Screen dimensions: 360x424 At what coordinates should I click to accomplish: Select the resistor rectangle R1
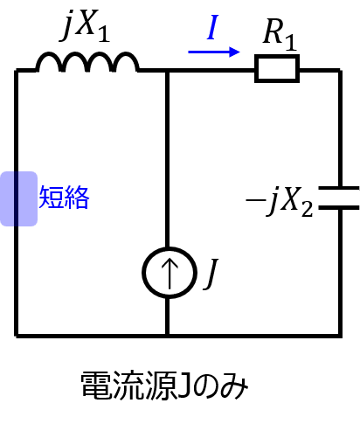click(x=277, y=69)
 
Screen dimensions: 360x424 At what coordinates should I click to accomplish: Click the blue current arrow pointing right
click(x=214, y=52)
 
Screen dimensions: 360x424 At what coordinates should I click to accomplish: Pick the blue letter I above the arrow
click(x=212, y=27)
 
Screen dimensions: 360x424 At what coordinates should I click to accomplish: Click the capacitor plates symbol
click(x=340, y=198)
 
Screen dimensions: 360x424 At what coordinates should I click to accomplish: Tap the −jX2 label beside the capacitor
click(x=280, y=202)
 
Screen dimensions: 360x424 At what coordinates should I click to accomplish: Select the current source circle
click(x=170, y=273)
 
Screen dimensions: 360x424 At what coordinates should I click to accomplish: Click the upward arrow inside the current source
click(x=170, y=274)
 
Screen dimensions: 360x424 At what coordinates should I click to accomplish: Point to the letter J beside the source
click(x=211, y=274)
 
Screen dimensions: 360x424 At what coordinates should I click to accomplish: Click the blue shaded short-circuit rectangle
click(x=18, y=198)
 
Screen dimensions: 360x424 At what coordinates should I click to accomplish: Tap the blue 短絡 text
click(x=64, y=198)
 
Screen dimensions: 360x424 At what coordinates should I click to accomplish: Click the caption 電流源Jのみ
click(x=164, y=386)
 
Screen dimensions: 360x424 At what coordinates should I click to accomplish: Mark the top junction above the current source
click(x=168, y=70)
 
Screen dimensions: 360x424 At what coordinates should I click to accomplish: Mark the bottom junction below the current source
click(x=168, y=336)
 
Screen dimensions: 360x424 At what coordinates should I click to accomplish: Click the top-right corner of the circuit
click(x=340, y=70)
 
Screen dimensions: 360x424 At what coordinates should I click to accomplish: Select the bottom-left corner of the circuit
click(x=17, y=336)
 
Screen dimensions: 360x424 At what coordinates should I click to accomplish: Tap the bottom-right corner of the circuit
click(x=340, y=336)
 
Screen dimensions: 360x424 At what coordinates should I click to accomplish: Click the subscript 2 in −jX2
click(x=308, y=209)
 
